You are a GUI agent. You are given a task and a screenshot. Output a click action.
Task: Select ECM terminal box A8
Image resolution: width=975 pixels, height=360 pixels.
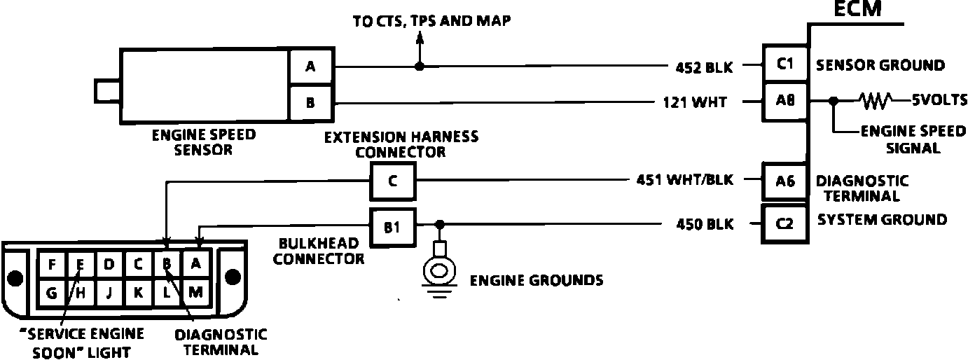(785, 102)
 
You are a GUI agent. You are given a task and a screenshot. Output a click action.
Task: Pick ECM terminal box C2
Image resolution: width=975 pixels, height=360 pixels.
(785, 223)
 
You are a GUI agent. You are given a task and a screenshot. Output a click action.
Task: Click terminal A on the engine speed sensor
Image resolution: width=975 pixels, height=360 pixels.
(310, 67)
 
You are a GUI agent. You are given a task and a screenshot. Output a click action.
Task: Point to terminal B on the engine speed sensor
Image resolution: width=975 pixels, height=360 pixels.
(310, 103)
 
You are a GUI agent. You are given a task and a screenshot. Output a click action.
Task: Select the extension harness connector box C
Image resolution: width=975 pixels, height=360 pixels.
(392, 181)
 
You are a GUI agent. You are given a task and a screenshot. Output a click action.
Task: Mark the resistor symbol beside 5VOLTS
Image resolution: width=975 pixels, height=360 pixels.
(876, 102)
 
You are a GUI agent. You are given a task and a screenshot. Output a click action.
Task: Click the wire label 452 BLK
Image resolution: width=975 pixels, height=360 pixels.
(703, 67)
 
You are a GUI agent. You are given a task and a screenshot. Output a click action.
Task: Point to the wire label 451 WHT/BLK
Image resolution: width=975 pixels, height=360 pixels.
(686, 181)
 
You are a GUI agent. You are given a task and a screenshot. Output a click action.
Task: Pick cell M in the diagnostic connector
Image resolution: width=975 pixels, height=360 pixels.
(196, 293)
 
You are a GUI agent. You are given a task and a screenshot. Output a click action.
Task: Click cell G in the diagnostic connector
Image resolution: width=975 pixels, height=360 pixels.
(51, 293)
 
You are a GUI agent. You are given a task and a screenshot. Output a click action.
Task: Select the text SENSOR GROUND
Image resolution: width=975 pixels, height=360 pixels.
(880, 66)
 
